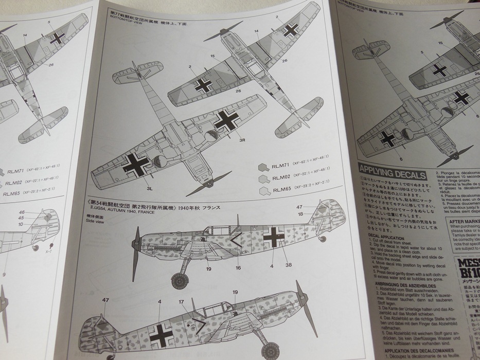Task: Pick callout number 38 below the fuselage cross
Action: (289, 265)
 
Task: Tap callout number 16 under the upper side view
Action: (238, 267)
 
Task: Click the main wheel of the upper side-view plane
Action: (179, 280)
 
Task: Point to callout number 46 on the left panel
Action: (22, 212)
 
